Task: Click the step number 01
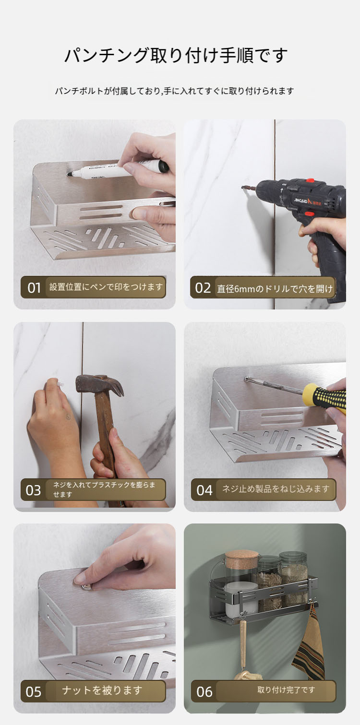coord(34,288)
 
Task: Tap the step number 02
coord(203,288)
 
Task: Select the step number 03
coord(33,490)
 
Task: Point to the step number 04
coord(204,490)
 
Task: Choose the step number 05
coord(33,692)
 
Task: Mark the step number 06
coord(204,692)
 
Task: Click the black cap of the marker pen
coord(163,167)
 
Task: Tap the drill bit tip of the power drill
coord(242,187)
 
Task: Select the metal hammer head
coord(99,385)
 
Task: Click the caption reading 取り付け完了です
coord(286,689)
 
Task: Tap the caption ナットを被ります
coord(102,690)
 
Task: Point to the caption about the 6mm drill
coord(275,288)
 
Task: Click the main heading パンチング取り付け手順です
coord(177,55)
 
